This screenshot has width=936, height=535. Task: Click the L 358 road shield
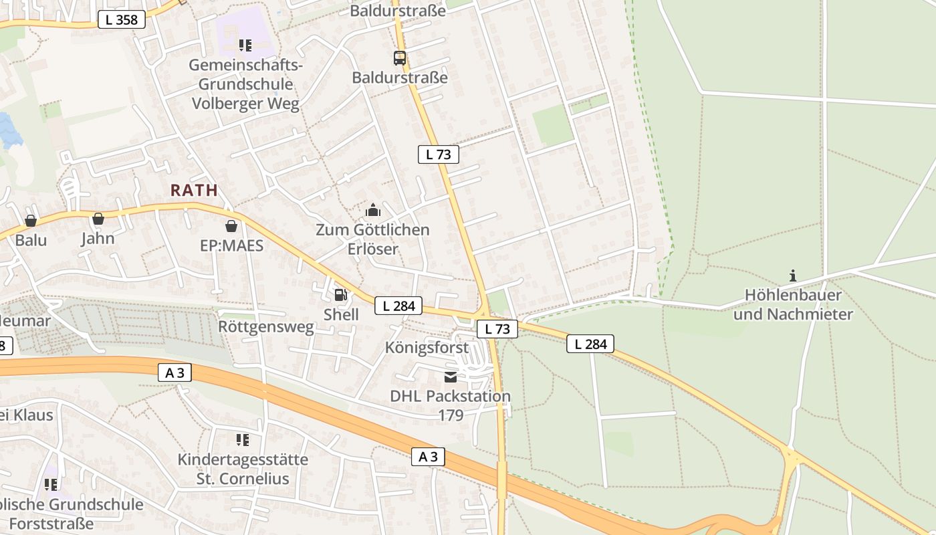(x=122, y=20)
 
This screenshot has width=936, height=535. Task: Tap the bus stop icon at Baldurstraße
(x=400, y=58)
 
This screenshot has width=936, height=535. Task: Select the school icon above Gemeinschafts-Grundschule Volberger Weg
(x=245, y=45)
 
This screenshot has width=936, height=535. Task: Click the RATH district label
(x=194, y=190)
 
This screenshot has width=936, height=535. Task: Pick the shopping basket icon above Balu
(x=31, y=221)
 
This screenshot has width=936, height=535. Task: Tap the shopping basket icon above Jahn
(x=98, y=219)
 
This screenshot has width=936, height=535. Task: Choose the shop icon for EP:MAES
(x=231, y=226)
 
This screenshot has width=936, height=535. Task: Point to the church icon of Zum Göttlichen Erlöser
(x=373, y=211)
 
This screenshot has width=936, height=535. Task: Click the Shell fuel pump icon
(x=341, y=294)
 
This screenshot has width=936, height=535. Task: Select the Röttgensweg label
(x=266, y=327)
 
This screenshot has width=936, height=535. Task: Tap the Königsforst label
(x=427, y=348)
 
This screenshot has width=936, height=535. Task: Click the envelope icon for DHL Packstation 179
(x=451, y=377)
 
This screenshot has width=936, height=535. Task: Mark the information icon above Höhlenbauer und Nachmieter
(x=793, y=276)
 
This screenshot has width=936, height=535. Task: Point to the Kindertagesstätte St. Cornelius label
(x=243, y=469)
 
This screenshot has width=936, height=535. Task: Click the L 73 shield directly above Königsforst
(x=497, y=329)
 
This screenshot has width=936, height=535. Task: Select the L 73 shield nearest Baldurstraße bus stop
(x=439, y=154)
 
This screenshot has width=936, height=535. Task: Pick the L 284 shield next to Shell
(x=399, y=306)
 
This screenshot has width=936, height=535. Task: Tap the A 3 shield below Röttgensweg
(x=174, y=373)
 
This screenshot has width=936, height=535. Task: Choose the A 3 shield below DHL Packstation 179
(x=428, y=457)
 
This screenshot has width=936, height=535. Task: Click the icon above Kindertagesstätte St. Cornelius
(x=243, y=440)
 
